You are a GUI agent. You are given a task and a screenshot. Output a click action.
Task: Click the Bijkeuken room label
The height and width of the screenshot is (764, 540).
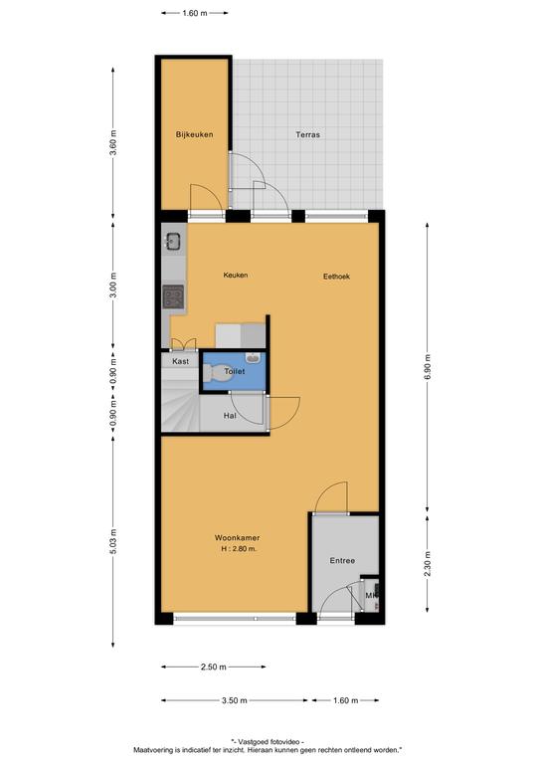pyautogui.click(x=194, y=134)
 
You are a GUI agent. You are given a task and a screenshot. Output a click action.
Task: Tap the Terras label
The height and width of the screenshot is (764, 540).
pyautogui.click(x=307, y=134)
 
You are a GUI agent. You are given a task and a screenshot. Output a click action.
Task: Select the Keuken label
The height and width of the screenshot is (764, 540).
pyautogui.click(x=236, y=275)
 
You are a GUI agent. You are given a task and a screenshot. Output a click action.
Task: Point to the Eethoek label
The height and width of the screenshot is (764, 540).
pyautogui.click(x=336, y=277)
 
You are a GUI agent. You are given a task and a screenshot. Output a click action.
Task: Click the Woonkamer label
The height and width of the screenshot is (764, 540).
pyautogui.click(x=237, y=538)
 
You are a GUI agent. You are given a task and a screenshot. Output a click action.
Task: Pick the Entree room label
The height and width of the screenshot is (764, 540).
pyautogui.click(x=342, y=561)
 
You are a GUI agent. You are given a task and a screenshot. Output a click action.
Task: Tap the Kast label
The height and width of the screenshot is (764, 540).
pyautogui.click(x=181, y=361)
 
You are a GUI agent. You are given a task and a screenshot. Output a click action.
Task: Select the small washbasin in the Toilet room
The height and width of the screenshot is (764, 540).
pyautogui.click(x=254, y=358)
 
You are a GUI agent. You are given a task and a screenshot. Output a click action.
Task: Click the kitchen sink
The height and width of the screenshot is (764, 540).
pyautogui.click(x=173, y=241)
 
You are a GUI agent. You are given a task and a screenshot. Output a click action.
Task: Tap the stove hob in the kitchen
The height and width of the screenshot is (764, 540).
pyautogui.click(x=173, y=296)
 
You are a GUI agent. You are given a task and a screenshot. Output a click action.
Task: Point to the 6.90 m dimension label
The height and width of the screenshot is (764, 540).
pyautogui.click(x=428, y=367)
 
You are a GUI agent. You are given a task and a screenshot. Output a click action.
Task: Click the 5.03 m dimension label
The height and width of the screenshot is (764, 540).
pyautogui.click(x=113, y=541)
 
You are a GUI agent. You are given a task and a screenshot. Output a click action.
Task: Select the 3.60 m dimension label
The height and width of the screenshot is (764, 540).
pyautogui.click(x=113, y=143)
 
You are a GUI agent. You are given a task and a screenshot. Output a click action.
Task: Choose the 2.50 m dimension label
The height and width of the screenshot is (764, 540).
pyautogui.click(x=214, y=668)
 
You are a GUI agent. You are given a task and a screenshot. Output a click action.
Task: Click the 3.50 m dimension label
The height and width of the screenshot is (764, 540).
pyautogui.click(x=235, y=700)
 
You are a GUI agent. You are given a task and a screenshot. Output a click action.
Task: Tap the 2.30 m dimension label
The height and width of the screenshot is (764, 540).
pyautogui.click(x=428, y=564)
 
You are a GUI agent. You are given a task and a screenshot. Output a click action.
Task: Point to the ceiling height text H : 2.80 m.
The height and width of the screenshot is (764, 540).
pyautogui.click(x=239, y=549)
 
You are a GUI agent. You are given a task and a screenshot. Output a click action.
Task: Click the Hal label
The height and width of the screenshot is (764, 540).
pyautogui.click(x=230, y=416)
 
